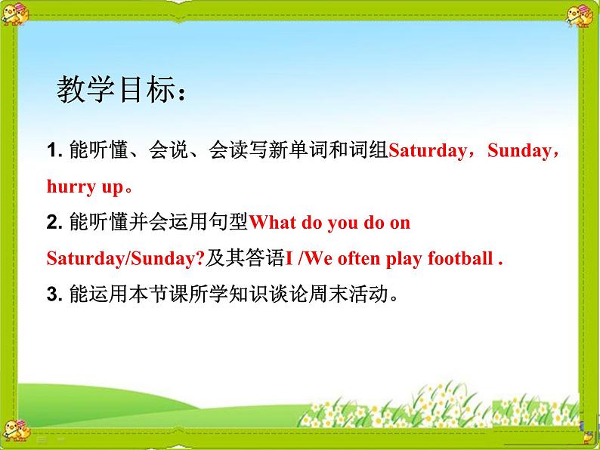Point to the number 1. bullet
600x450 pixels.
tap(53, 151)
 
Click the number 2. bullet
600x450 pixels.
tap(53, 223)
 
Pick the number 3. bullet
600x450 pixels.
tap(53, 294)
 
